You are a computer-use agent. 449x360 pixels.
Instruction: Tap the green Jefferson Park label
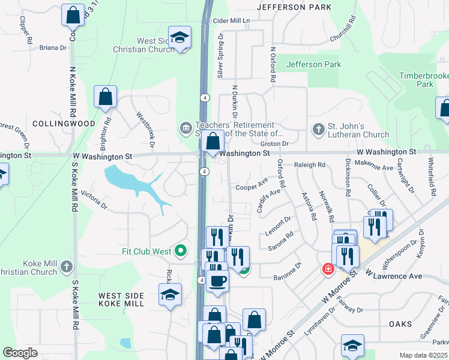[314, 64]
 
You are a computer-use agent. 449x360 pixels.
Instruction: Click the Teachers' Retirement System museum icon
[185, 128]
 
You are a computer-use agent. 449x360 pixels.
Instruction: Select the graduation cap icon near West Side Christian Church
[179, 37]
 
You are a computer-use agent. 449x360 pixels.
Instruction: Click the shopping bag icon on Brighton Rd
[105, 97]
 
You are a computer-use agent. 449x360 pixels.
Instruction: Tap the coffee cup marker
[217, 280]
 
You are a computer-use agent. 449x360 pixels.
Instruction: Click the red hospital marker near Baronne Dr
[328, 269]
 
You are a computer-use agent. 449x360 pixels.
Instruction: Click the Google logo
[21, 352]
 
